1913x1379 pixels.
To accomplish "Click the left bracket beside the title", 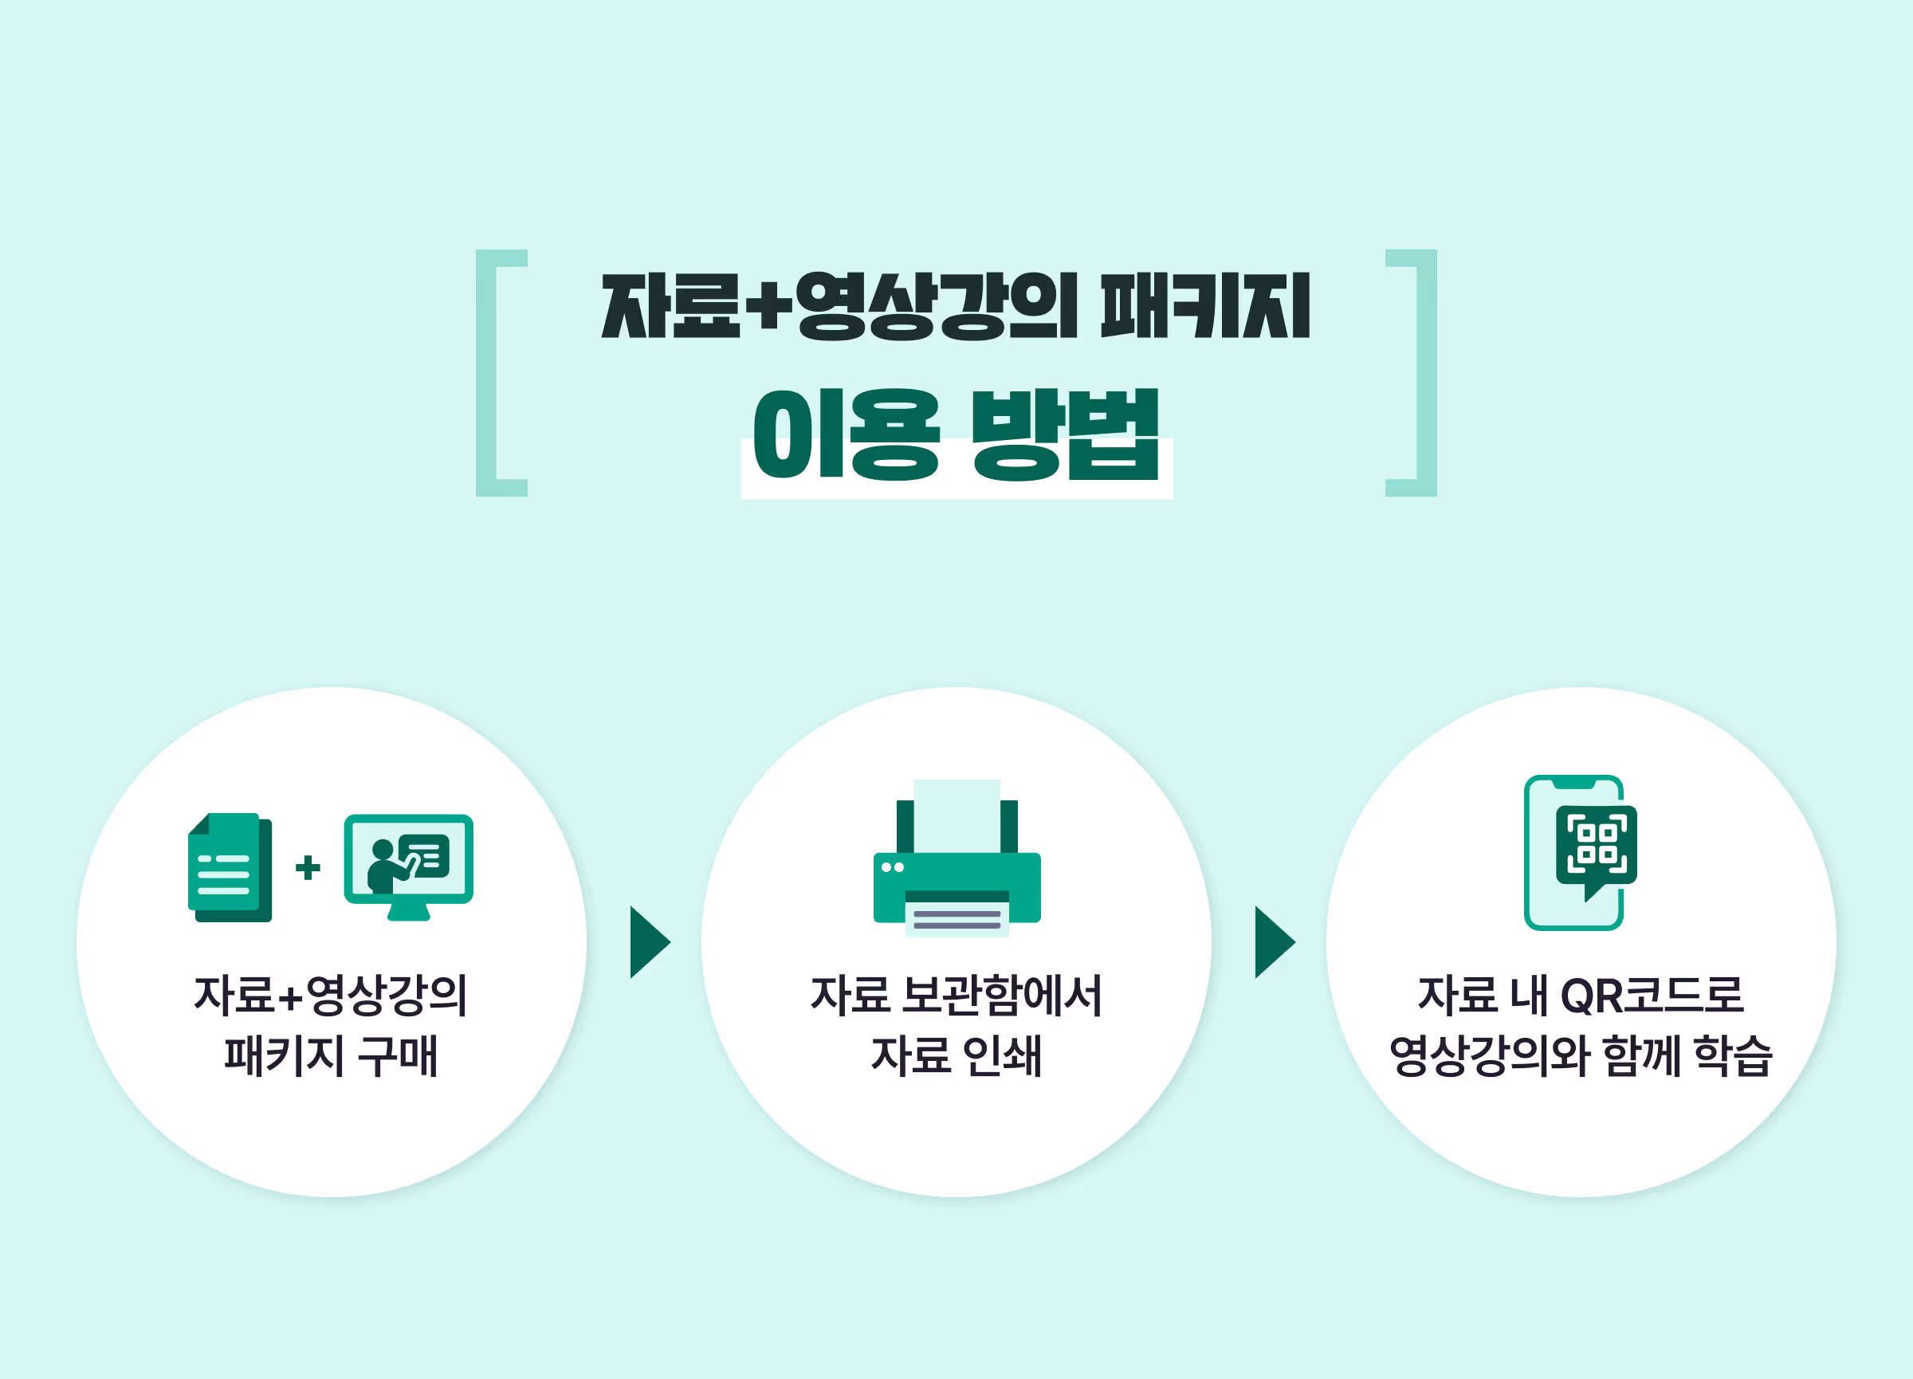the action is tap(488, 373).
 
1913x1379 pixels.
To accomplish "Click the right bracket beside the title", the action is tap(1425, 373).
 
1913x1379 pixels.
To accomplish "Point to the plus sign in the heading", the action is tap(768, 305).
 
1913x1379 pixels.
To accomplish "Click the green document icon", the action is tap(230, 867).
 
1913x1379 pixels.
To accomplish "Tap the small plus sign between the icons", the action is tap(308, 867).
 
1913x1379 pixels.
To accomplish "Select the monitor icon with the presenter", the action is tap(408, 866).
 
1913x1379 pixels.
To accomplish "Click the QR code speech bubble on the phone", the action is tap(1596, 846).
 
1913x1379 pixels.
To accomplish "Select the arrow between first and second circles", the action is tap(649, 942).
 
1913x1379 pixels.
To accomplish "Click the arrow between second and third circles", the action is tap(1274, 942).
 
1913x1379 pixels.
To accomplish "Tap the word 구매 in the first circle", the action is tap(397, 1056).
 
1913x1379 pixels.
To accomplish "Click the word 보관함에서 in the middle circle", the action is tap(1001, 996).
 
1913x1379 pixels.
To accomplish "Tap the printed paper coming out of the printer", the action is tap(956, 919).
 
